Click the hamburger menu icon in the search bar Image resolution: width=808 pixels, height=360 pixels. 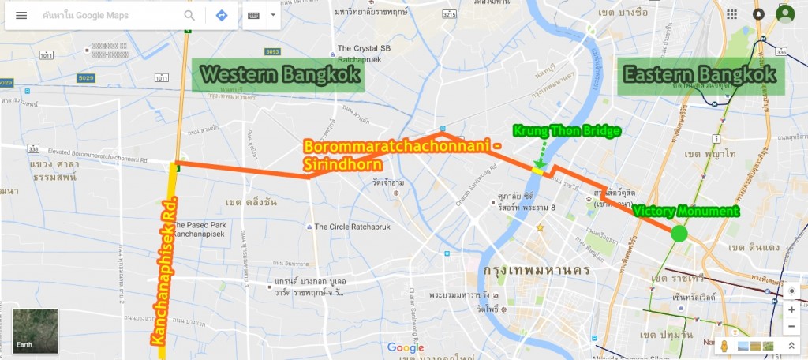pos(21,15)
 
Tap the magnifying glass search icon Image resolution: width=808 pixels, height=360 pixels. pos(189,15)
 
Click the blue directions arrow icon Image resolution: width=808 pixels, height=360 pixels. pos(222,15)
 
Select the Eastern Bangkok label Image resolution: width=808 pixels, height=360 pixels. pos(700,75)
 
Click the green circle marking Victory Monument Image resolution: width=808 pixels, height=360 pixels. pos(678,234)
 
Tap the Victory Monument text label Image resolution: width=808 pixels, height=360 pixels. pos(686,212)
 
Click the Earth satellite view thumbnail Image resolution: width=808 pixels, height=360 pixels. pos(36,331)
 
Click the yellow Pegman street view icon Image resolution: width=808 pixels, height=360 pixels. pos(723,347)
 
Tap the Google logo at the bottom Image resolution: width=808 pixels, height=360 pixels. pos(406,347)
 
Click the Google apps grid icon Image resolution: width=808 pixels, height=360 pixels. pos(732,14)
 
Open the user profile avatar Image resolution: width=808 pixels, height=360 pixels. pos(784,14)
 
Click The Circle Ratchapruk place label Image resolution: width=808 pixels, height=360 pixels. pos(355,227)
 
